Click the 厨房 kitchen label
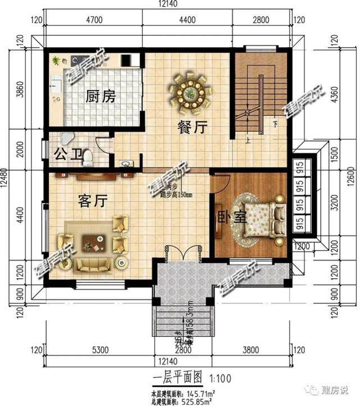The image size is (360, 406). click(x=101, y=96)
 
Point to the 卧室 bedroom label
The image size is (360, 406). click(x=232, y=216)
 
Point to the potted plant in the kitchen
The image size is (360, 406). click(x=56, y=60)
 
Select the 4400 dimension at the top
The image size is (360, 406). click(x=187, y=20)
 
